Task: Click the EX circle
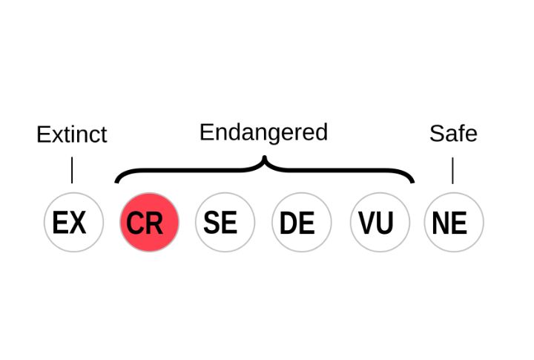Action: point(73,222)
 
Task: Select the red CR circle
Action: point(149,222)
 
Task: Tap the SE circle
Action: point(225,222)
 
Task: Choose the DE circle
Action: point(301,222)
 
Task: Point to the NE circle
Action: point(453,222)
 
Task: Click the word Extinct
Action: point(71,134)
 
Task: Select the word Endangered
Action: point(263,132)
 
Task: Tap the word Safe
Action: point(453,134)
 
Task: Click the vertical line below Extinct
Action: point(72,170)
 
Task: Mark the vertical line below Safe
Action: point(452,171)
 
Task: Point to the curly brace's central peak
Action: point(264,160)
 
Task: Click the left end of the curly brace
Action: point(116,180)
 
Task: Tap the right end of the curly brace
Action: point(412,180)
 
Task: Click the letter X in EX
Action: point(79,222)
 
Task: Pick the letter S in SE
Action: point(213,222)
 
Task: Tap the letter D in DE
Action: point(289,223)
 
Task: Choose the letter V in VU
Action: point(366,223)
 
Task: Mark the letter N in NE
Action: point(441,223)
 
